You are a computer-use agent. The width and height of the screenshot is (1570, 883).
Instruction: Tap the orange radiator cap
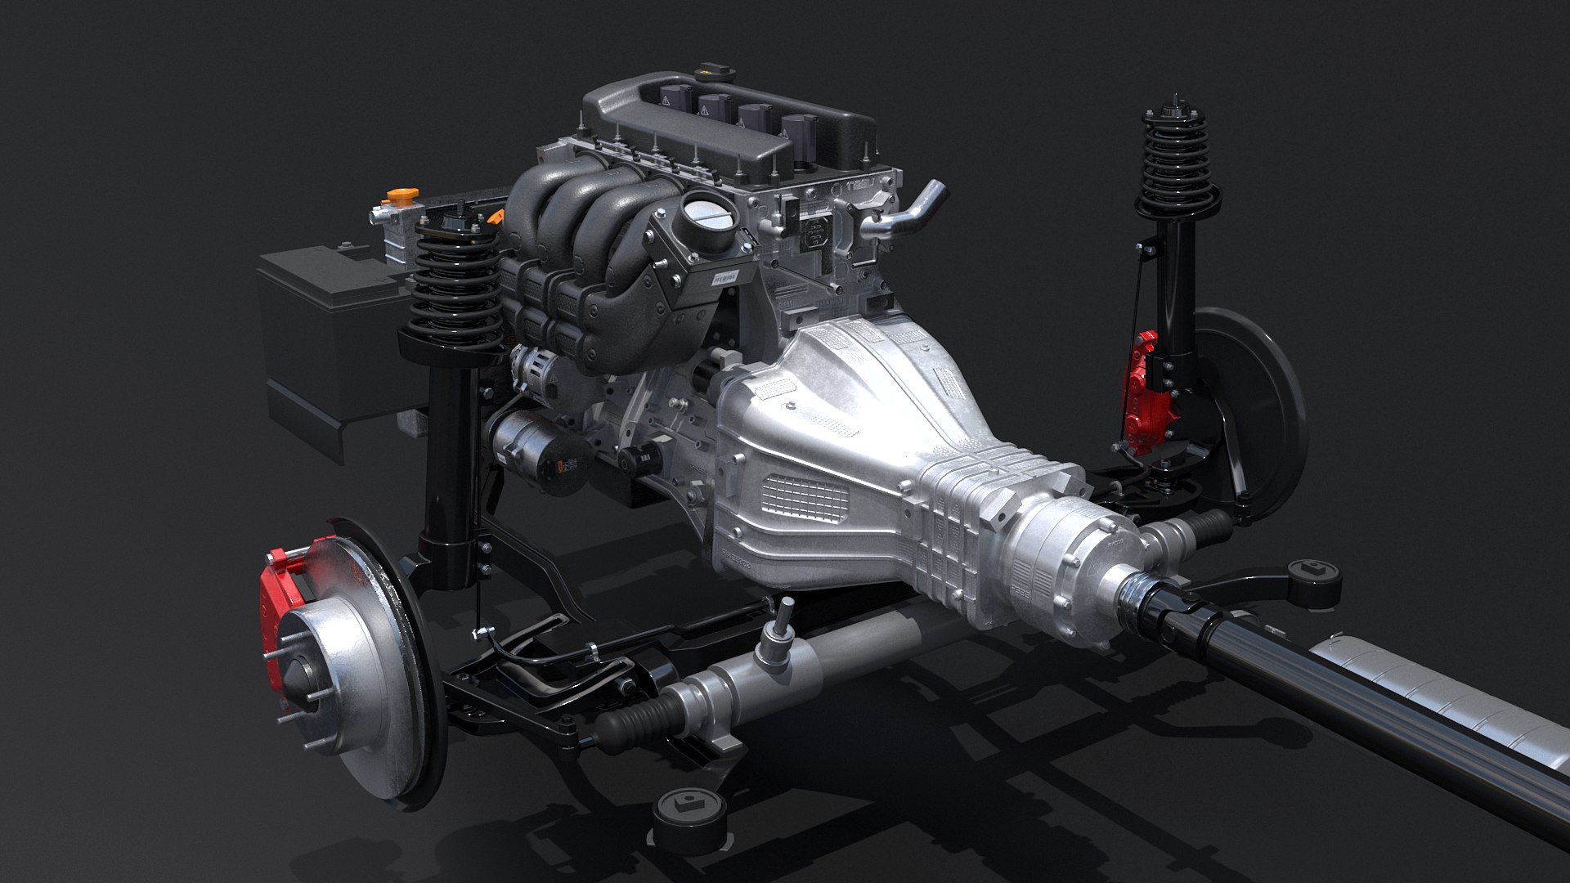pyautogui.click(x=399, y=197)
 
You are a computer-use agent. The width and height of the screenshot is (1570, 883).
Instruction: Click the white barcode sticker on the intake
pyautogui.click(x=724, y=278)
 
